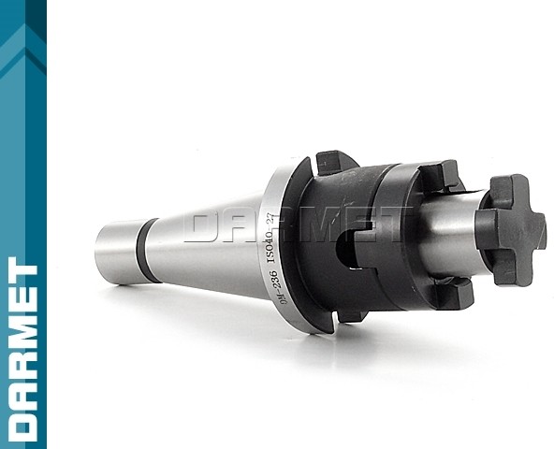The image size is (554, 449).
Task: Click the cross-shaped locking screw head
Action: [x=510, y=229]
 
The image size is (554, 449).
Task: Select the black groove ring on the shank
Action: [x=147, y=250]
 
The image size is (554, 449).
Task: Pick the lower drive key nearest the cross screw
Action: [x=453, y=294]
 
